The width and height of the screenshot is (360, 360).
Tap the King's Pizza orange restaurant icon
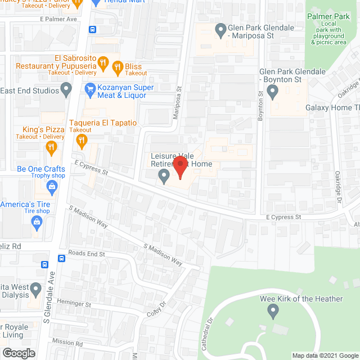(x=51, y=148)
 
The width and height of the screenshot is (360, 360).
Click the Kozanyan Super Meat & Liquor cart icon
(x=89, y=89)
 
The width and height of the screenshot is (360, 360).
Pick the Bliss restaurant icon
(x=118, y=67)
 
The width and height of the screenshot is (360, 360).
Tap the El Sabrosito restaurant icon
(x=102, y=64)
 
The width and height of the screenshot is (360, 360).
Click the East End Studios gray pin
(x=67, y=89)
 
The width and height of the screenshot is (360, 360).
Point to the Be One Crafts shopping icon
(x=52, y=186)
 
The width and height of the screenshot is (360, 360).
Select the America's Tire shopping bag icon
(x=37, y=222)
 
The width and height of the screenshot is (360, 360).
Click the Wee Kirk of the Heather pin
(x=273, y=310)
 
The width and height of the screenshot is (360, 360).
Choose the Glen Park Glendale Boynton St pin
(x=274, y=91)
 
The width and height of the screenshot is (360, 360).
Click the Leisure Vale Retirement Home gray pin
(x=164, y=177)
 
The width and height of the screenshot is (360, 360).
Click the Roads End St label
(x=87, y=254)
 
